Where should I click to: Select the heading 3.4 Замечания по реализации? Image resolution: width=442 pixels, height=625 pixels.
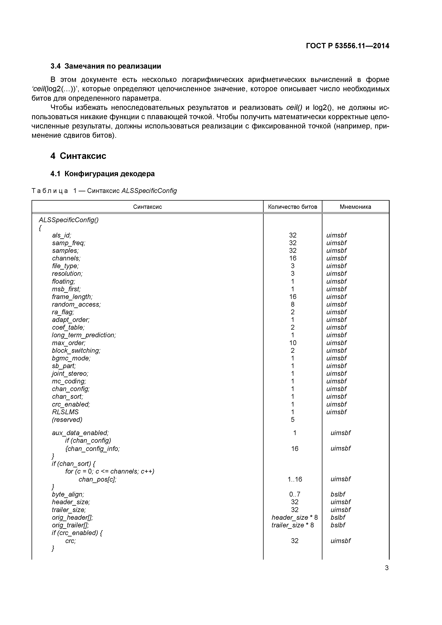(x=106, y=66)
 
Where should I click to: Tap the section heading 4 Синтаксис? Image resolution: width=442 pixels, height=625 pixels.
(x=78, y=156)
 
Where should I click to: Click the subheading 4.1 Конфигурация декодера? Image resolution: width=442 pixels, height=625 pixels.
(x=102, y=174)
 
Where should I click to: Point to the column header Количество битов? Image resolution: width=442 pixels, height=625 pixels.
(x=292, y=207)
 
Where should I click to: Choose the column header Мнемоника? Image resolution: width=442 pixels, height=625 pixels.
(x=355, y=207)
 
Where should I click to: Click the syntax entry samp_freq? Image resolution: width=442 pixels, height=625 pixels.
(x=69, y=243)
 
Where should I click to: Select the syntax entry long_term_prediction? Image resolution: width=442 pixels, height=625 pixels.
(x=84, y=335)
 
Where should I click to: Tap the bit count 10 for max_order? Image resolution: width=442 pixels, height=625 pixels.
(x=292, y=343)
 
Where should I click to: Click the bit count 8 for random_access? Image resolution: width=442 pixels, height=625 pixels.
(x=292, y=304)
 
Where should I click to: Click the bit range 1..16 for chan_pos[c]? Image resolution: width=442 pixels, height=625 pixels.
(x=295, y=479)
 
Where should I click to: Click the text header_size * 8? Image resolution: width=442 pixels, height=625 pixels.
(x=294, y=517)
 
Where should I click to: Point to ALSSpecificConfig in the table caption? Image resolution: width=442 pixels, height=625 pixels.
(x=149, y=191)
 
